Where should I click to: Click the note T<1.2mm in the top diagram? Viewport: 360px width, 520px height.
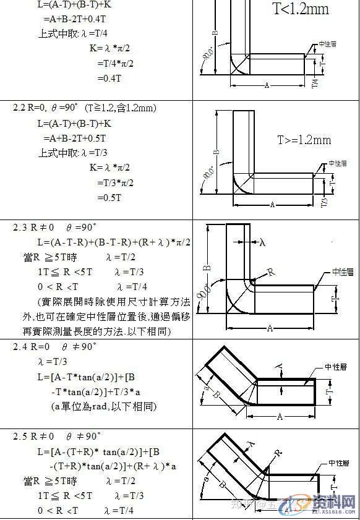(301, 9)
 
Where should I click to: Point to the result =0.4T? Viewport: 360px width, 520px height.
(109, 79)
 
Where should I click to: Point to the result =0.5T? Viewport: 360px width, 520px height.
(109, 197)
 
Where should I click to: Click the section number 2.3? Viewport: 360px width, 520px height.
(20, 228)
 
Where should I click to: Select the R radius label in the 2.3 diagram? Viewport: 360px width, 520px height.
(271, 271)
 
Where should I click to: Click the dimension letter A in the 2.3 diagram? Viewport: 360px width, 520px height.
(270, 328)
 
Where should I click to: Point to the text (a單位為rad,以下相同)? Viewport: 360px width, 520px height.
(104, 406)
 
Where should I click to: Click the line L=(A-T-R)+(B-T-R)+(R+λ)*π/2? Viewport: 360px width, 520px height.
(114, 242)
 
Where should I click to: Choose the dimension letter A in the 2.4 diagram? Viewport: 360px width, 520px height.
(280, 417)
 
